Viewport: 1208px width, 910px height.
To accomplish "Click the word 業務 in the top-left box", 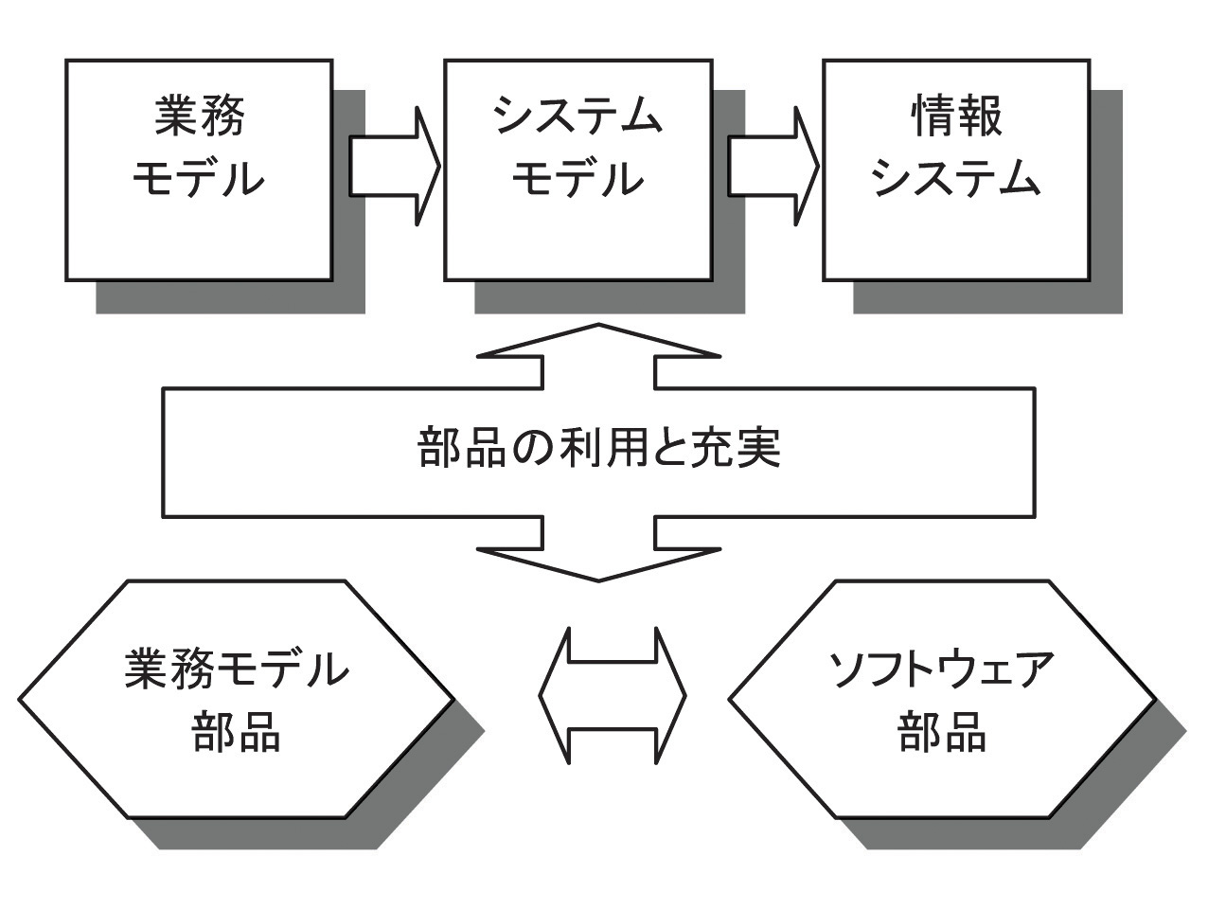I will click(199, 117).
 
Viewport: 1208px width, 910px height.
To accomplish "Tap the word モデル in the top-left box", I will click(199, 178).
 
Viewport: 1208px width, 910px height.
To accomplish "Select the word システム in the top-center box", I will click(577, 117).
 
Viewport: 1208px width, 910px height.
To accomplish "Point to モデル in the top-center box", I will click(577, 178).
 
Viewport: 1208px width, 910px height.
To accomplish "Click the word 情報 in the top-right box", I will click(956, 117).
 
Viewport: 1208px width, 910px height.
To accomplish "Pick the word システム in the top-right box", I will click(956, 178).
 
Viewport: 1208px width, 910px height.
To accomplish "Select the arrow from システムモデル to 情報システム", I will click(773, 167).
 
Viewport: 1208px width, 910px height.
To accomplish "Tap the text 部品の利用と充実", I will click(598, 449).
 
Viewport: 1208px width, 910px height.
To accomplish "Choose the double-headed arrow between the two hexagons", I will click(612, 696).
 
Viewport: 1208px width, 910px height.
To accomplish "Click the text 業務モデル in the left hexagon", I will click(237, 669).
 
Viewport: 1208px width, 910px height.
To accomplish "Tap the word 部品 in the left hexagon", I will click(237, 732).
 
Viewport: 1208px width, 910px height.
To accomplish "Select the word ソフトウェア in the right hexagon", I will click(942, 669).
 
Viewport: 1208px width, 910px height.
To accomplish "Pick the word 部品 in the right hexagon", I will click(942, 732).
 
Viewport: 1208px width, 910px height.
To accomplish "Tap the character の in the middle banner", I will click(524, 450).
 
